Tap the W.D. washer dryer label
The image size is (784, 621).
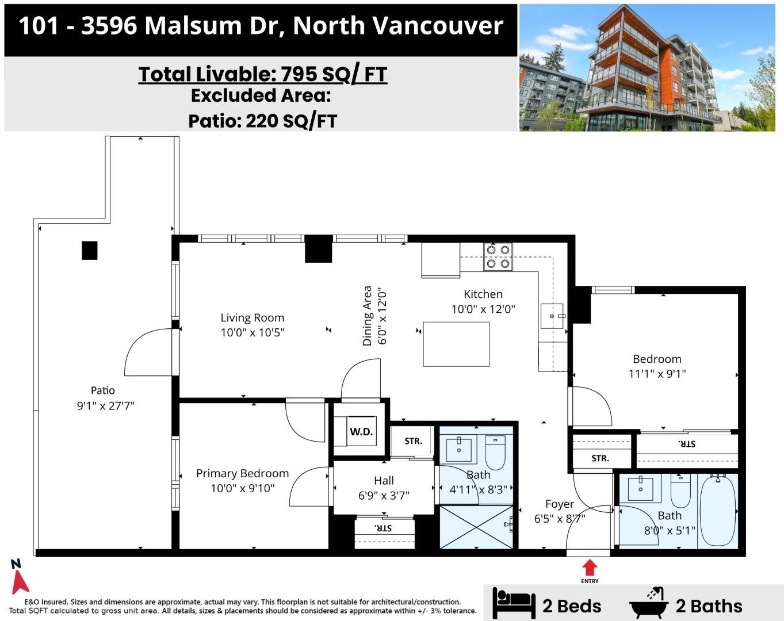pos(361,432)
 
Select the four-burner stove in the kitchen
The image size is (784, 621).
pos(498,257)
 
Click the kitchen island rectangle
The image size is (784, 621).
pos(456,344)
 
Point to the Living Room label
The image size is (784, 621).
pos(252,317)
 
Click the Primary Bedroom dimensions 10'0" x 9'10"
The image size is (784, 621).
pos(243,488)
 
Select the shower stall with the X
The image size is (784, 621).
pos(476,527)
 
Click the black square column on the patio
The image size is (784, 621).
pos(89,251)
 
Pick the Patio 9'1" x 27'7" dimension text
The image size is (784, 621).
pos(106,405)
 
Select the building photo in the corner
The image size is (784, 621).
pos(647,68)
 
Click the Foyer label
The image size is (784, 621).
pos(560,504)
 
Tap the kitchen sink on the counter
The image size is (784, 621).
pos(552,316)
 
